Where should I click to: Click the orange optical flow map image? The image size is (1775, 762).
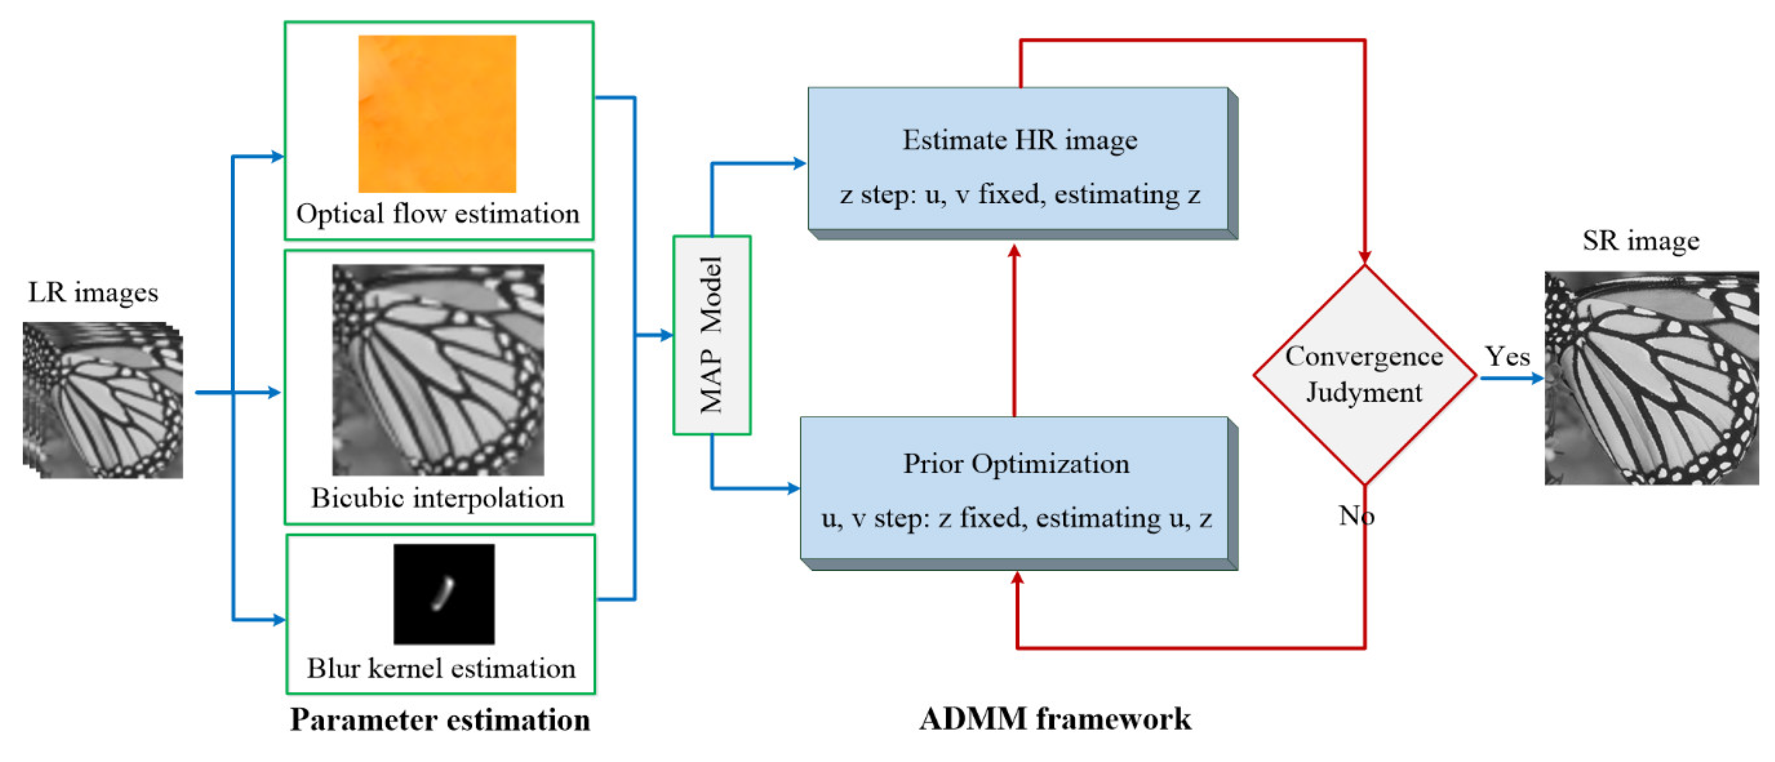click(437, 114)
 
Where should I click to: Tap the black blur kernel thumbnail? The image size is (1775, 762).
click(444, 594)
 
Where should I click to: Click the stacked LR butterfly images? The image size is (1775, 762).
click(104, 400)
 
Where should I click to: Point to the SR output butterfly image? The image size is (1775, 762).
click(1651, 378)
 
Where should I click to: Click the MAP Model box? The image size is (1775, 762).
click(711, 335)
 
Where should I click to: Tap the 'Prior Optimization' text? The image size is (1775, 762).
click(1016, 464)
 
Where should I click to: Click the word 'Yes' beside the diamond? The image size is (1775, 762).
click(1507, 356)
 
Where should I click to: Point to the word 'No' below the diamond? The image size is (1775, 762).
click(1356, 515)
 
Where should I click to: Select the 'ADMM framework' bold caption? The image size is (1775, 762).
click(1054, 719)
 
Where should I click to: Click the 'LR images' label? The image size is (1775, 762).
click(93, 292)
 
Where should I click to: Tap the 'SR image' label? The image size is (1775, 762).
click(1641, 240)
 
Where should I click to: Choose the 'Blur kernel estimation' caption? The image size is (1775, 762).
click(441, 668)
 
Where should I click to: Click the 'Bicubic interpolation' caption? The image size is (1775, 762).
click(437, 497)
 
